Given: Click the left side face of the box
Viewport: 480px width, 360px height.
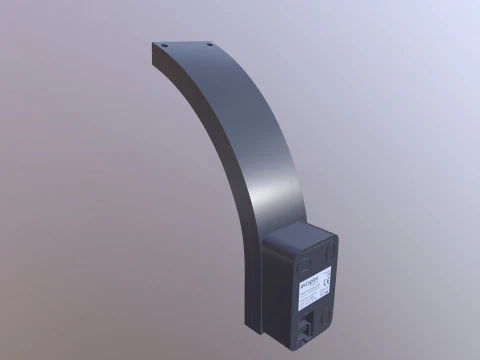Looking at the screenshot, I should (x=274, y=290).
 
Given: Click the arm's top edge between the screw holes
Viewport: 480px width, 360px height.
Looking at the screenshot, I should (x=187, y=44).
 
